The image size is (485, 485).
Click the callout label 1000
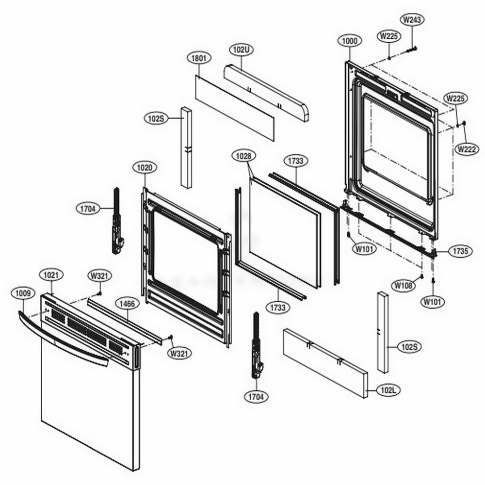click(x=350, y=41)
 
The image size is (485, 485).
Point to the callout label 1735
click(x=460, y=252)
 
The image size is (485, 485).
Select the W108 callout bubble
click(x=404, y=286)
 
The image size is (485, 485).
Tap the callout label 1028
click(x=244, y=156)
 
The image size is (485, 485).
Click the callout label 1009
click(x=23, y=293)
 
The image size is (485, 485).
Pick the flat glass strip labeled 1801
click(x=234, y=107)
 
